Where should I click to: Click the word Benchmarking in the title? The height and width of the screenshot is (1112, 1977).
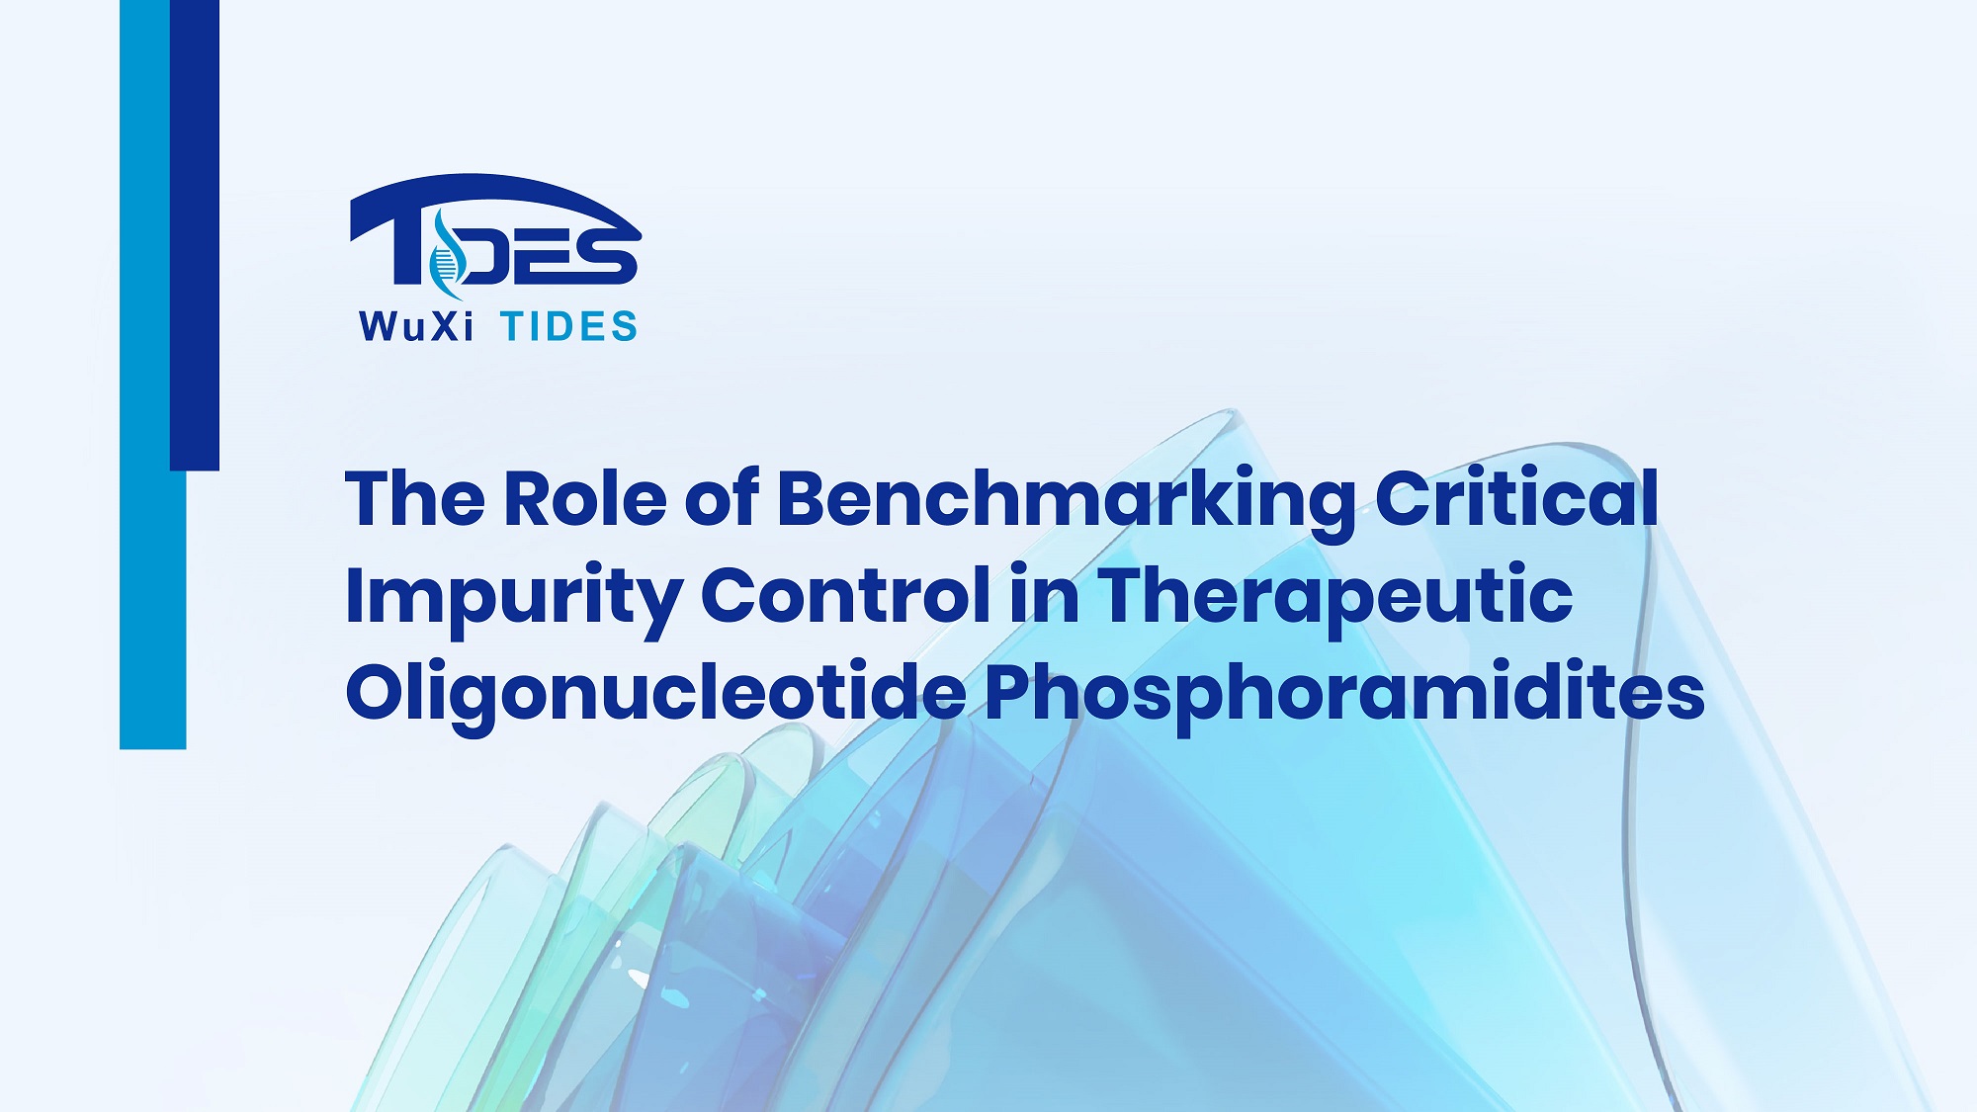click(x=1066, y=502)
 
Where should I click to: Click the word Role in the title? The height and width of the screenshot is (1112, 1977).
click(x=585, y=497)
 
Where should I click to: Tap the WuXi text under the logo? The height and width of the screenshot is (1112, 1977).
click(x=416, y=326)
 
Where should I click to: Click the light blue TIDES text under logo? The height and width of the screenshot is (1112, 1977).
click(x=569, y=326)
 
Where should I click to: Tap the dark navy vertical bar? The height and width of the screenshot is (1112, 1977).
click(x=195, y=235)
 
